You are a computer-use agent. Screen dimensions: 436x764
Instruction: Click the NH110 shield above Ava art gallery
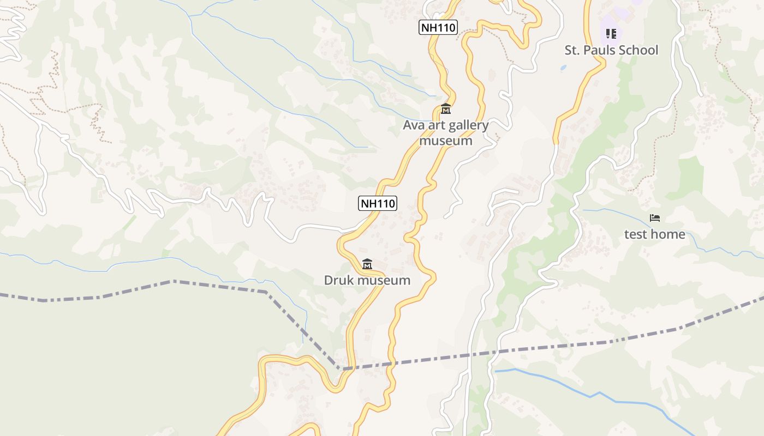point(438,27)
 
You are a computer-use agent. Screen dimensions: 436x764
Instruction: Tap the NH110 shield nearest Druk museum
point(378,203)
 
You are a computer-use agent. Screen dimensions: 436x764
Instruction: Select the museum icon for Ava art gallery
point(446,109)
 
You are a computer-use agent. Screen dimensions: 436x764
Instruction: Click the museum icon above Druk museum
point(367,264)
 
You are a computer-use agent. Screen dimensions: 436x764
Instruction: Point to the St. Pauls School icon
point(611,34)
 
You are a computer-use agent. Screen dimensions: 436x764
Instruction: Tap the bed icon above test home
point(655,218)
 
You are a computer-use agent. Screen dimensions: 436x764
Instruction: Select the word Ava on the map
point(414,125)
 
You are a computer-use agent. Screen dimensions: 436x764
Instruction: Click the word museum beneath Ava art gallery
point(446,141)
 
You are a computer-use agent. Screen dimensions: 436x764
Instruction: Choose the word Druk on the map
point(338,281)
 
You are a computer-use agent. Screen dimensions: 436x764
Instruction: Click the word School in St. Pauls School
point(639,50)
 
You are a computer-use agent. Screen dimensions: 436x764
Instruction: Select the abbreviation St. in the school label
point(572,50)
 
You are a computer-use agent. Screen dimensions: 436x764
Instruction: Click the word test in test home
point(636,234)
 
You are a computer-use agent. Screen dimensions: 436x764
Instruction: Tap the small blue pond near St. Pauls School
point(563,68)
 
